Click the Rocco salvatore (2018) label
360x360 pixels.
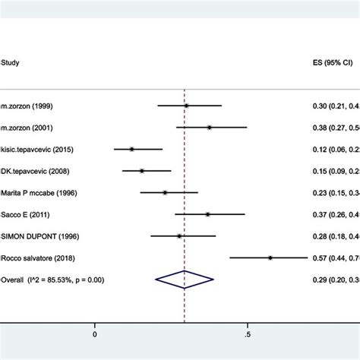point(43,258)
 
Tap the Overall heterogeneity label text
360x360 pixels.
point(52,280)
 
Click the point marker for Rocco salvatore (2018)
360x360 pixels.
point(270,258)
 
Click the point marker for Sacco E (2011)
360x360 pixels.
point(207,215)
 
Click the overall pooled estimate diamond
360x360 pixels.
point(185,280)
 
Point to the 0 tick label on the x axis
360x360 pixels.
point(95,333)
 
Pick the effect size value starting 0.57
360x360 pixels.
point(337,258)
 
